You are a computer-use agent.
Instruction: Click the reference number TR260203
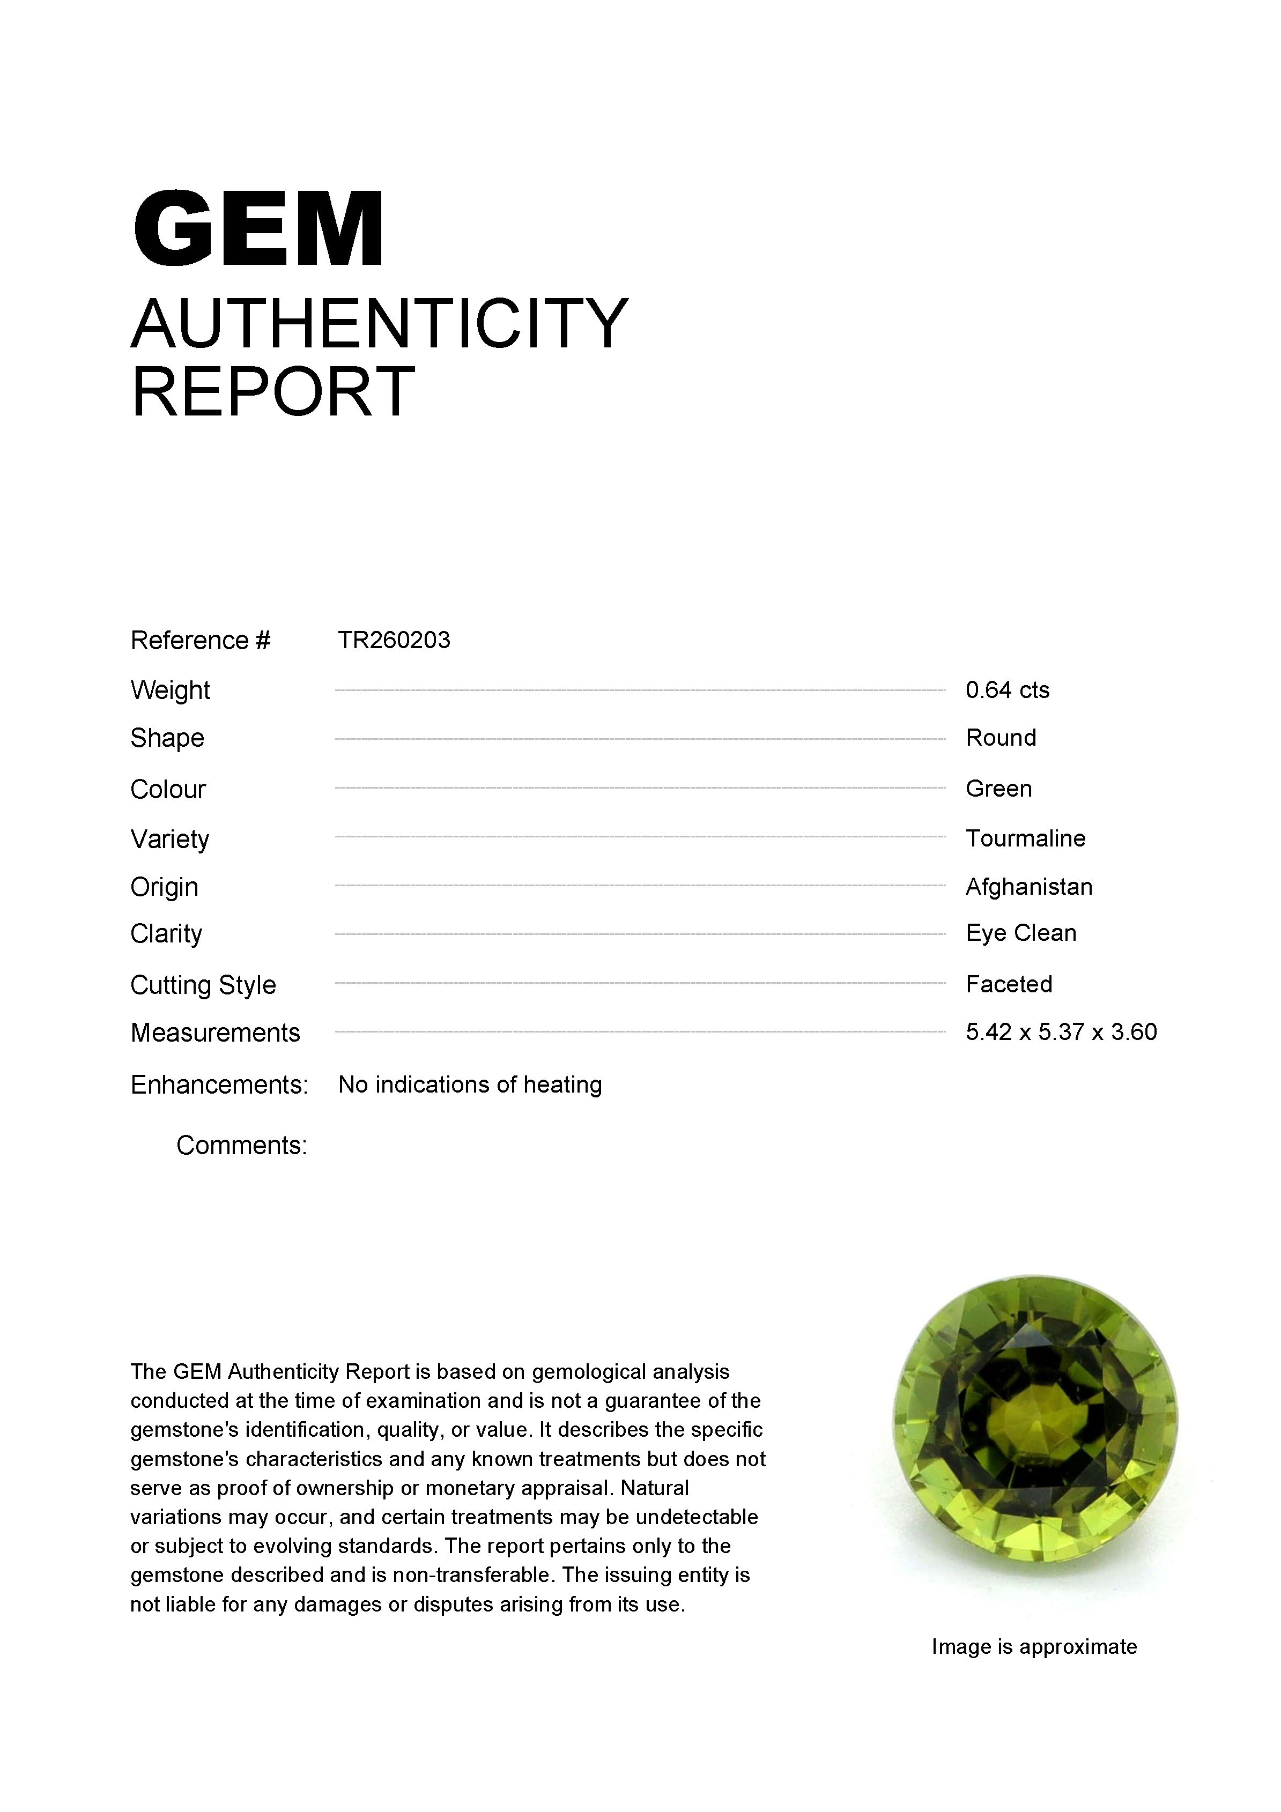click(394, 640)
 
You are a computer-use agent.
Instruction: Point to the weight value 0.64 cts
click(1007, 690)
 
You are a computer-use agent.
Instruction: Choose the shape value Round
click(1000, 738)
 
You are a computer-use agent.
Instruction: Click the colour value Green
click(998, 789)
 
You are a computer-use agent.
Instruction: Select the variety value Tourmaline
click(1025, 838)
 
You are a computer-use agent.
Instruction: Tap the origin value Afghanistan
click(1028, 887)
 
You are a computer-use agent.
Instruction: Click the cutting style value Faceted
click(1009, 984)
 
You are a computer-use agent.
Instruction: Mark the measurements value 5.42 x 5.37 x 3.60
click(1061, 1033)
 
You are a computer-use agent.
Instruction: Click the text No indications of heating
click(470, 1085)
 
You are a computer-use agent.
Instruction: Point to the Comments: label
click(241, 1145)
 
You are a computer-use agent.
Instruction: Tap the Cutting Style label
click(203, 985)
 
